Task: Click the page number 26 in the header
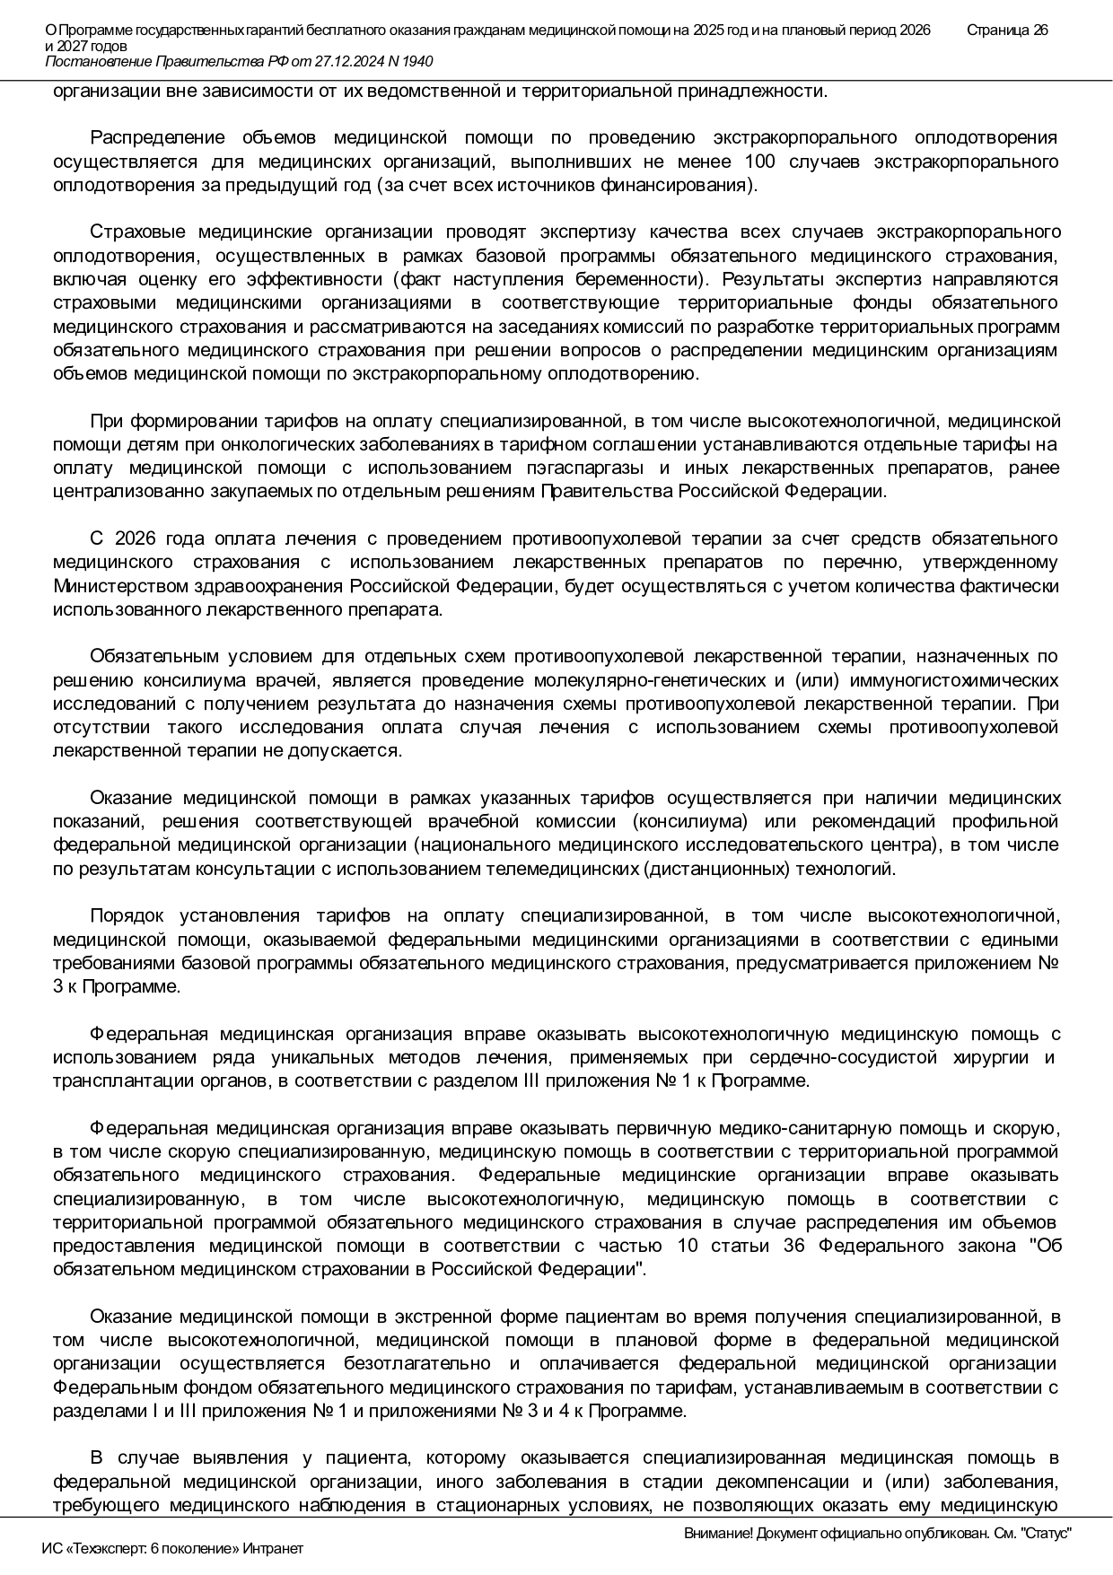[x=1039, y=31]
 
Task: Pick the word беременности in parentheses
[x=641, y=279]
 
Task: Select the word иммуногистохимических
[x=947, y=680]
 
